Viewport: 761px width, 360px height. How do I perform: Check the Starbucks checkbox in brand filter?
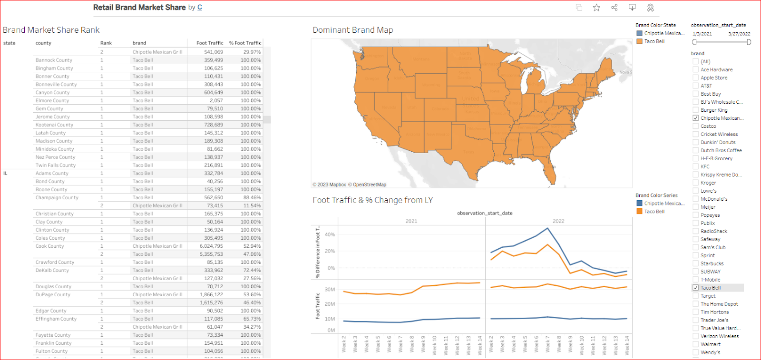tap(696, 263)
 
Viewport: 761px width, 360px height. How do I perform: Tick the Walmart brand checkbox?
tap(696, 344)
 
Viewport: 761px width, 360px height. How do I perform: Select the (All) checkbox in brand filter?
tap(696, 61)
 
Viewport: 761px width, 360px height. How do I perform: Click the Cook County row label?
tap(49, 246)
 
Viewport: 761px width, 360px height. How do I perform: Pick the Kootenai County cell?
tap(54, 125)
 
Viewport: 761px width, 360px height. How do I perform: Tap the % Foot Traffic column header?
tap(245, 43)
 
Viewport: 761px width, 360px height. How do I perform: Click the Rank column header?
tap(106, 43)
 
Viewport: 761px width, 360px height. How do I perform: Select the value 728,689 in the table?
tap(214, 125)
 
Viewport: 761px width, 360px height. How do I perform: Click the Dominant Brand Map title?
tap(352, 30)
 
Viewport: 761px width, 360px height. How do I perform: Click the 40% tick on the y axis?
tap(330, 234)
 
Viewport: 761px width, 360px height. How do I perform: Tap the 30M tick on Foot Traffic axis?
tap(330, 289)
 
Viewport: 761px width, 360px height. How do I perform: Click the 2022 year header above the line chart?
tap(558, 221)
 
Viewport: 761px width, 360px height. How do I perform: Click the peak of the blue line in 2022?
tap(548, 228)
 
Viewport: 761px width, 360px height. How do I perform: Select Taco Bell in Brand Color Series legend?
tap(654, 212)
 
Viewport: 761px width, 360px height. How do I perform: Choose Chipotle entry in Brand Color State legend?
tap(664, 33)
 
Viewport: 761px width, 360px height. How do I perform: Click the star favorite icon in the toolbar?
tap(596, 8)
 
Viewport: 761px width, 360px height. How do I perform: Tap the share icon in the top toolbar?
tap(615, 8)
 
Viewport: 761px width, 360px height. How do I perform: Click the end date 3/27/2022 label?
tap(739, 34)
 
